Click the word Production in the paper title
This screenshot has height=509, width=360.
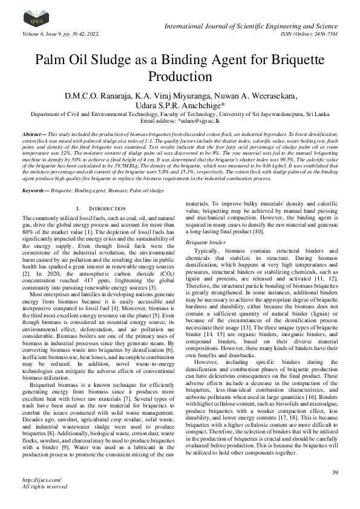pyautogui.click(x=180, y=77)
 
